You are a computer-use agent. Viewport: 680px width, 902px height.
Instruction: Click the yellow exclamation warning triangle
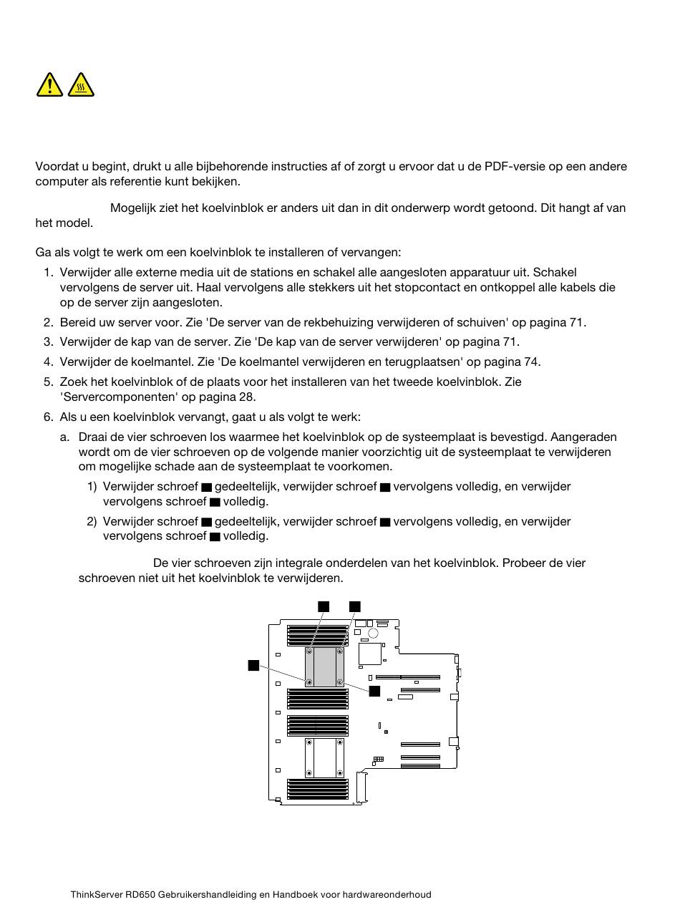pos(49,85)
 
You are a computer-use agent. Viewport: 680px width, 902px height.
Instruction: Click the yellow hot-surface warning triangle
pos(81,85)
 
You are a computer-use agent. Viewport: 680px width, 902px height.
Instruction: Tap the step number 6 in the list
pos(48,417)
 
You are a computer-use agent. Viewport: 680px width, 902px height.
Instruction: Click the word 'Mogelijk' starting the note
pos(132,208)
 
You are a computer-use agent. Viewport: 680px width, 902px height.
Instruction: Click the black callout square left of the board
pos(253,665)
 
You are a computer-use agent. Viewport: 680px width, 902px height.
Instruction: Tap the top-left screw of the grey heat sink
pos(309,651)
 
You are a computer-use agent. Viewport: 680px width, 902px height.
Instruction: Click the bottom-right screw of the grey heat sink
pos(340,682)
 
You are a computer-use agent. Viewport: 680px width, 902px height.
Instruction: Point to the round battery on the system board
pos(373,634)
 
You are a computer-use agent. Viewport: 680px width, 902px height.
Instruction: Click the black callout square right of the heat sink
pos(374,691)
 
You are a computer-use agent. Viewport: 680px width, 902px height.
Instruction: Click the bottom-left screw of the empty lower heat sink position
pos(309,772)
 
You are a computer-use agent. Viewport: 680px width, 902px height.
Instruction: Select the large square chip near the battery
pos(370,654)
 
